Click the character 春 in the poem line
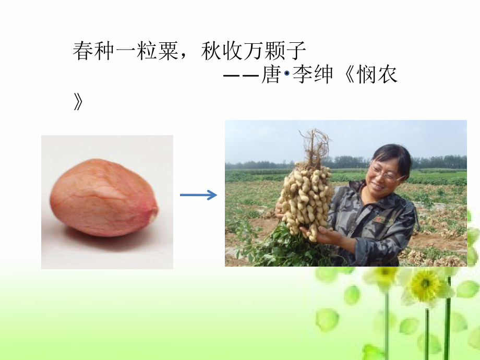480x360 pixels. pos(83,52)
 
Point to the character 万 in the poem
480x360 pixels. pos(254,52)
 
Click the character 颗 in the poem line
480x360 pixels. pos(275,52)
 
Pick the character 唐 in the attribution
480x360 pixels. pos(271,75)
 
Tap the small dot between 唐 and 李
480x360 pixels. pos(286,75)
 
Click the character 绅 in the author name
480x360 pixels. pos(323,75)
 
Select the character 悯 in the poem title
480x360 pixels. pos(366,75)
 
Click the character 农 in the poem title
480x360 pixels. pos(387,75)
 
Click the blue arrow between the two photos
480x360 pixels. pos(198,195)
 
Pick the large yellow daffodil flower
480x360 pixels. pos(425,285)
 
